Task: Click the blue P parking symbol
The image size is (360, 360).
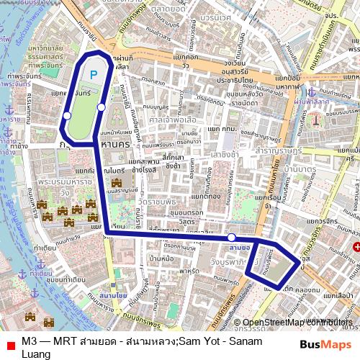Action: point(94,73)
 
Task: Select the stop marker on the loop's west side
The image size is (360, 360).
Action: point(67,115)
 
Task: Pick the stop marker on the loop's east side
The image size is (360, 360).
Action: point(102,107)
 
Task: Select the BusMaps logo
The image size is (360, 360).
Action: point(325,344)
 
